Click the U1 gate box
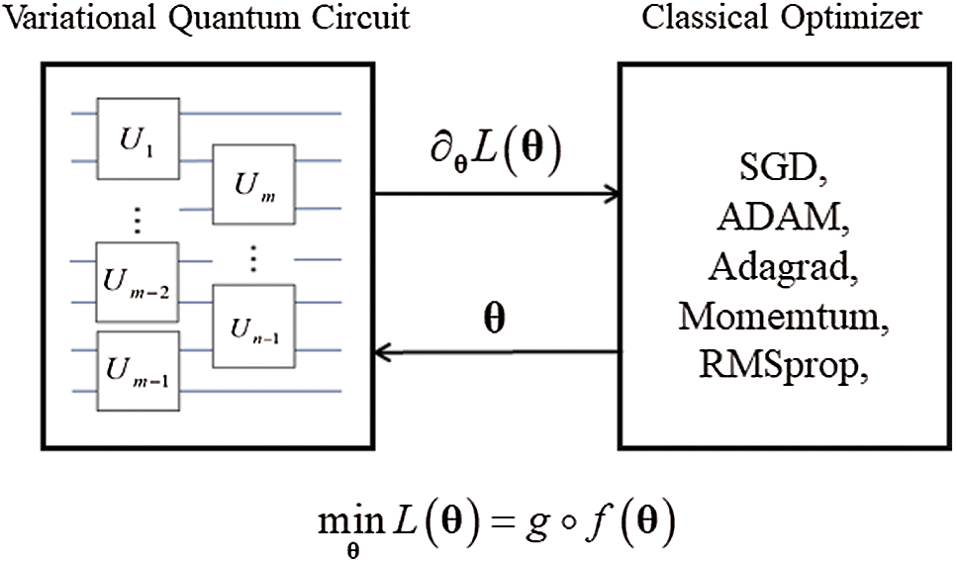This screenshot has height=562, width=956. [138, 134]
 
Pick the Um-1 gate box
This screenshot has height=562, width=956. [138, 367]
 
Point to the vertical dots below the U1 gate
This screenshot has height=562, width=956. [138, 221]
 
